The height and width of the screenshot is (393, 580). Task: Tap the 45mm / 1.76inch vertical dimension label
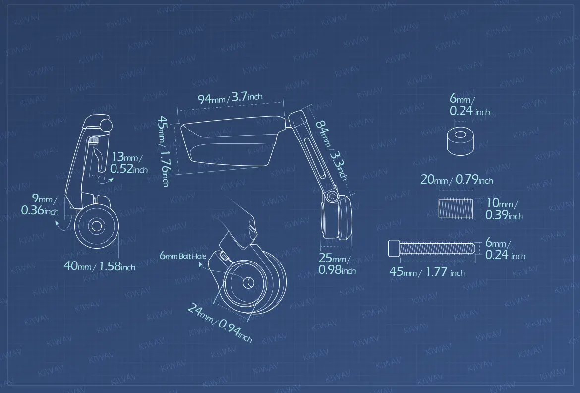pyautogui.click(x=164, y=151)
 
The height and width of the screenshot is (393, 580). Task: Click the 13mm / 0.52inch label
pyautogui.click(x=129, y=163)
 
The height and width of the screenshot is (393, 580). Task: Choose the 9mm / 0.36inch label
pyautogui.click(x=40, y=204)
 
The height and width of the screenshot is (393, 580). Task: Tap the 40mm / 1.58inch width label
pyautogui.click(x=100, y=266)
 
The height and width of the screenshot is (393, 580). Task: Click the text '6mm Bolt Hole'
pyautogui.click(x=183, y=256)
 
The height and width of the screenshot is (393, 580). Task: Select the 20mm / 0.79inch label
pyautogui.click(x=457, y=180)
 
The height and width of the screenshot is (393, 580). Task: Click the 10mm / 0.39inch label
pyautogui.click(x=504, y=209)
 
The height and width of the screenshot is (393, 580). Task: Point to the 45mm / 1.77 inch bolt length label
pyautogui.click(x=427, y=272)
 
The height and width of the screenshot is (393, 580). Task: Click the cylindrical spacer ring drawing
pyautogui.click(x=460, y=141)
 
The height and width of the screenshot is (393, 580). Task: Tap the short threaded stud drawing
pyautogui.click(x=456, y=208)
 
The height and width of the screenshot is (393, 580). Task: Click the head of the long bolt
pyautogui.click(x=394, y=248)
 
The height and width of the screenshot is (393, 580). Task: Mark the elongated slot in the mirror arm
pyautogui.click(x=314, y=156)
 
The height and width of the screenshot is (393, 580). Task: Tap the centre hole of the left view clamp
pyautogui.click(x=97, y=226)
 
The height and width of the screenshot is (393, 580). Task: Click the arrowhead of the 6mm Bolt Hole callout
pyautogui.click(x=201, y=264)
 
